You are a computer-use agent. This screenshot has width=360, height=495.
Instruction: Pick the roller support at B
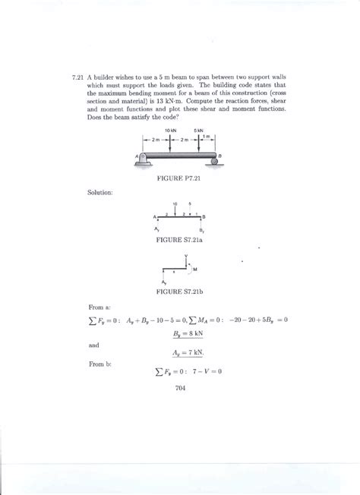point(212,160)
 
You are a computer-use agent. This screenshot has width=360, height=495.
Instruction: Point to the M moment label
point(195,270)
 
